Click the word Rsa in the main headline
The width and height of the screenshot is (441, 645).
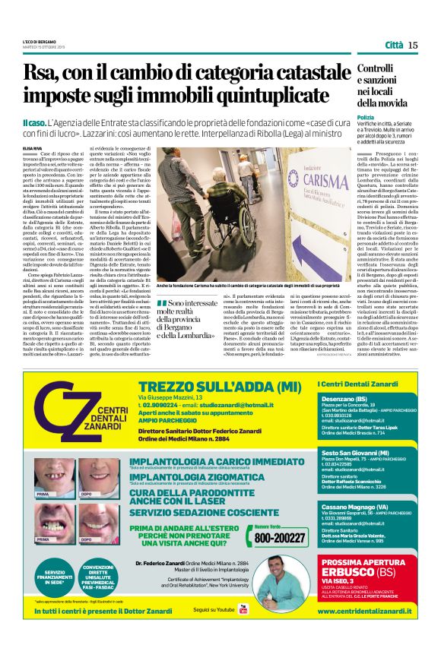click(x=42, y=74)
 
